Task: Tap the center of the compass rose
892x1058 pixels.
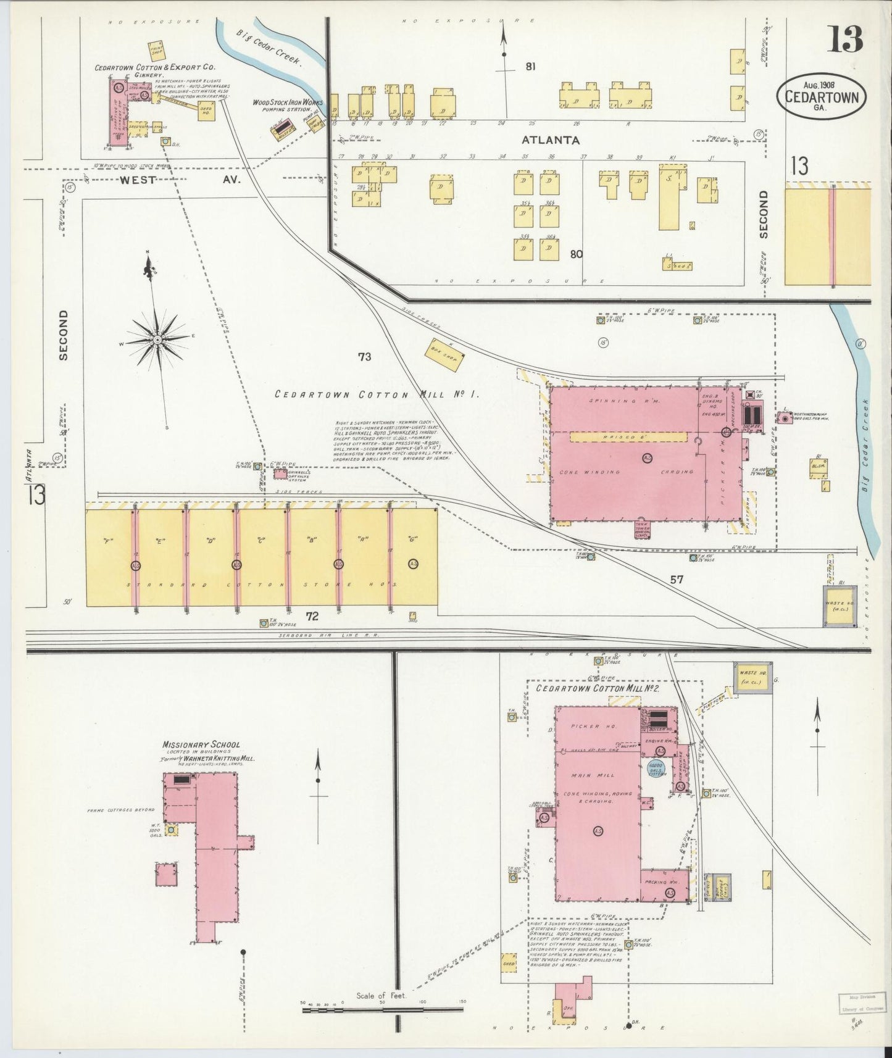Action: [157, 339]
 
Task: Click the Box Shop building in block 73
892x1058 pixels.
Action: [444, 357]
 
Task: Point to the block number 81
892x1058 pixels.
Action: [530, 67]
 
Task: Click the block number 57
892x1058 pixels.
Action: [677, 579]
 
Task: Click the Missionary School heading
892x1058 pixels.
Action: [201, 744]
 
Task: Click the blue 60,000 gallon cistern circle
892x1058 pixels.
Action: [656, 769]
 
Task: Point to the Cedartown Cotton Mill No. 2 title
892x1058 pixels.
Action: [598, 688]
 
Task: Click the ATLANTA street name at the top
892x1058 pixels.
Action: [549, 140]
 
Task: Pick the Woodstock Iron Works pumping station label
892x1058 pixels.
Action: [288, 105]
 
